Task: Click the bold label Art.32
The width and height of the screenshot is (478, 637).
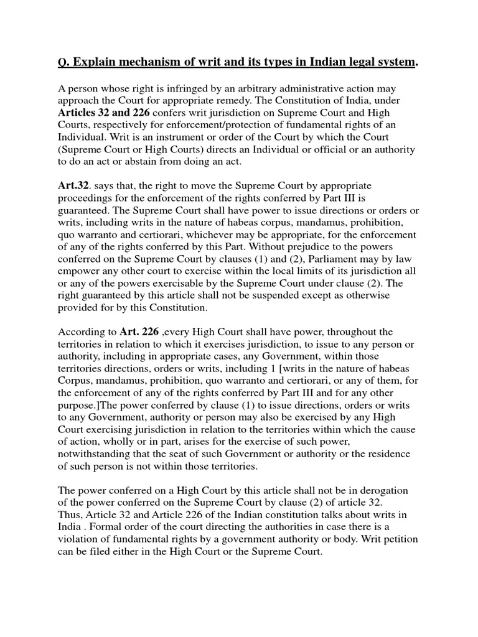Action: (x=73, y=186)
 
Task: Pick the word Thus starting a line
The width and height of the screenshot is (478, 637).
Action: (x=68, y=514)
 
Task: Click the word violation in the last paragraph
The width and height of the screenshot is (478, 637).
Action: (x=80, y=538)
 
